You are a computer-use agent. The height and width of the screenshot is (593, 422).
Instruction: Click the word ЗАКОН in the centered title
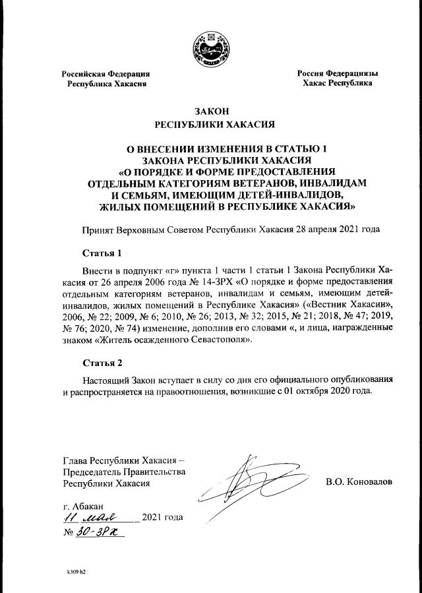(211, 110)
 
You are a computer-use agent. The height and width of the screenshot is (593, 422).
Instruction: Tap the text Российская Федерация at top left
(106, 74)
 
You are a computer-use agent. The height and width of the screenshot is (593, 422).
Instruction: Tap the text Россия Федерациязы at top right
(337, 74)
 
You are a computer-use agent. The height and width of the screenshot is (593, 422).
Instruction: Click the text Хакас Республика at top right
(337, 84)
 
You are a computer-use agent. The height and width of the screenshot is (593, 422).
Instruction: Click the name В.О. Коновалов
(359, 482)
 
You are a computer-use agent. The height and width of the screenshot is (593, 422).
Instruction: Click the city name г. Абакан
(80, 505)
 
